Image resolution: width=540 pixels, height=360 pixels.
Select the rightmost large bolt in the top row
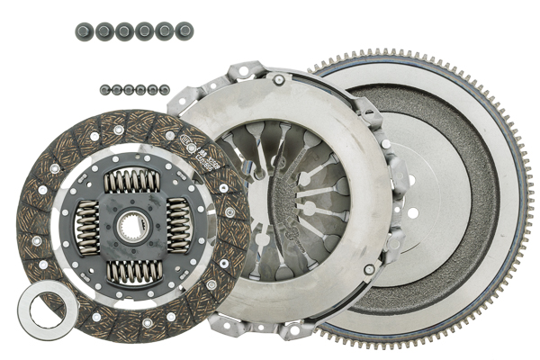pyautogui.click(x=185, y=31)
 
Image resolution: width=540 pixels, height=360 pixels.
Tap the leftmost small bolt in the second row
pyautogui.click(x=104, y=89)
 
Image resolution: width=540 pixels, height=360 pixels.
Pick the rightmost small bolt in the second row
pyautogui.click(x=165, y=89)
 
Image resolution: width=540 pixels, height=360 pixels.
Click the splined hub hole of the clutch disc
pyautogui.click(x=133, y=226)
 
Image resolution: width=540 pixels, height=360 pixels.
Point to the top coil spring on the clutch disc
pyautogui.click(x=132, y=181)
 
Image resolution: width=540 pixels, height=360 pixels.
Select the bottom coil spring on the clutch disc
pyautogui.click(x=133, y=271)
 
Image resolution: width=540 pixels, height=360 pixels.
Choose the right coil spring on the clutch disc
pyautogui.click(x=178, y=225)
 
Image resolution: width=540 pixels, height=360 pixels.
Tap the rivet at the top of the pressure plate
pyautogui.click(x=278, y=80)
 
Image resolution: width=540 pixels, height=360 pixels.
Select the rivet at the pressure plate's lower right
pyautogui.click(x=368, y=270)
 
